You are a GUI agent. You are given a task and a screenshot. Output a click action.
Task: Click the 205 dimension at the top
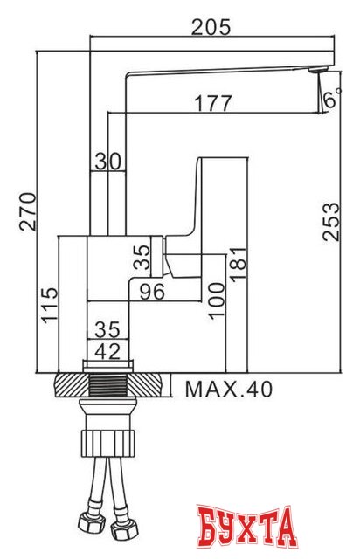click(x=211, y=27)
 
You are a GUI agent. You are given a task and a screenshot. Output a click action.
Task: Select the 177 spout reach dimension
click(x=212, y=103)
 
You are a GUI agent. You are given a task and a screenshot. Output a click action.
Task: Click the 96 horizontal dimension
click(x=152, y=293)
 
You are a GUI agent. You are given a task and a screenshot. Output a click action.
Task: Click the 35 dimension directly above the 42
click(x=107, y=329)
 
